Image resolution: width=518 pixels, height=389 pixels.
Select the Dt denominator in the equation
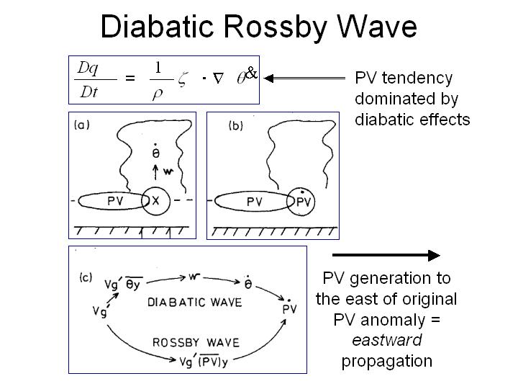(88, 91)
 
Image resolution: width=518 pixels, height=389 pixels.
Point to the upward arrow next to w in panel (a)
(156, 174)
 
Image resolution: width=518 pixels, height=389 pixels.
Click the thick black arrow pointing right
(385, 255)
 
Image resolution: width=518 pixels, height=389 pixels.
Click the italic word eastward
(386, 339)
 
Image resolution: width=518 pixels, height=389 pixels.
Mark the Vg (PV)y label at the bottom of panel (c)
(201, 361)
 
